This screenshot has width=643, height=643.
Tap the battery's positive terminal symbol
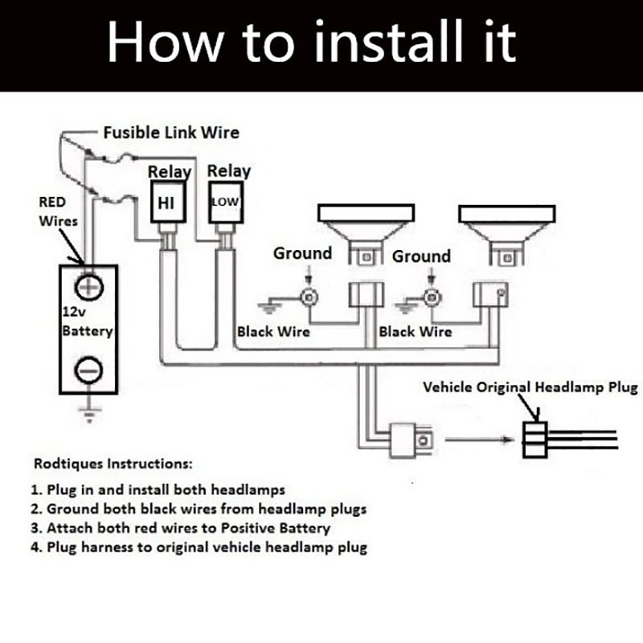[89, 286]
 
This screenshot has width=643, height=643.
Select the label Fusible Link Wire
[170, 131]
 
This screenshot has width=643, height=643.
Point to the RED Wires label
[57, 211]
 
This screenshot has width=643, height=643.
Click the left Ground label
[302, 254]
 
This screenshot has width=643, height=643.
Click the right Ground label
[421, 257]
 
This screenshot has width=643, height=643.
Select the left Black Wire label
[273, 331]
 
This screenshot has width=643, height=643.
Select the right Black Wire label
[416, 331]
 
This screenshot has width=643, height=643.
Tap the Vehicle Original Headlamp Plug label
[530, 387]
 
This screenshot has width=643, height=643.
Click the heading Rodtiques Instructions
[113, 465]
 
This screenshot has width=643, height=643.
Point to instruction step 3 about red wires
[182, 528]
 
